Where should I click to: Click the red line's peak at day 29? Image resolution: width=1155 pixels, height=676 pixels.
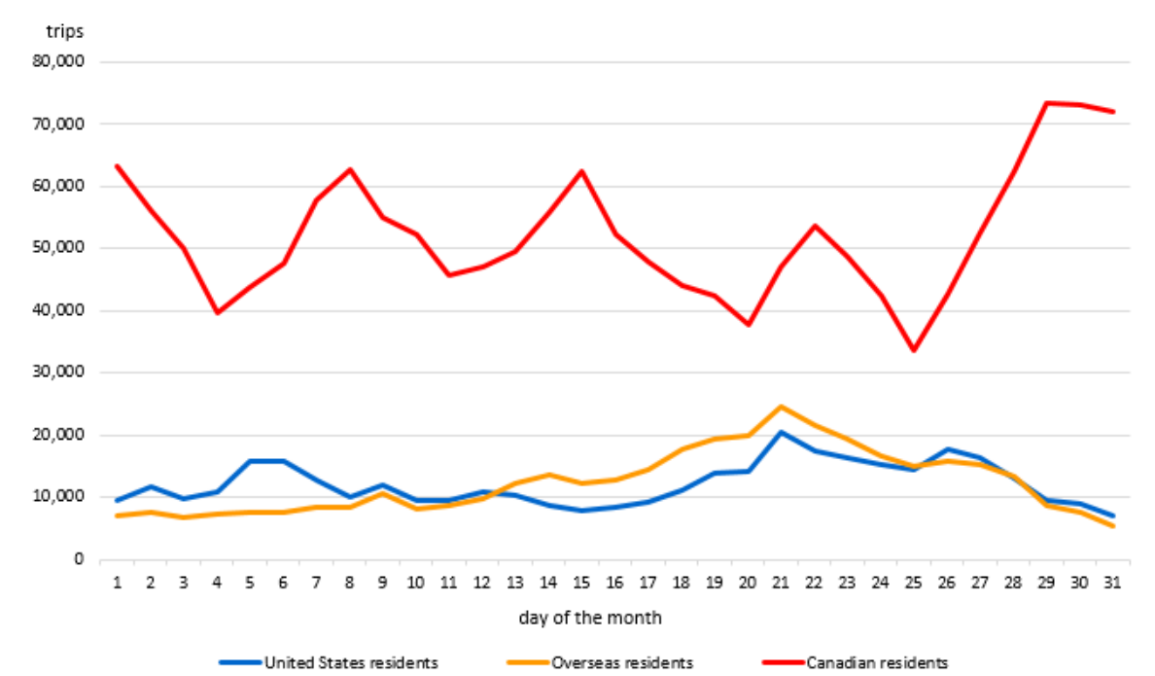[1046, 102]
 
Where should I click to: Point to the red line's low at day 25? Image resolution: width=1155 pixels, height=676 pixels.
[913, 350]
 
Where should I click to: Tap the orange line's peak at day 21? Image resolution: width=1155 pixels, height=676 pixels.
[781, 407]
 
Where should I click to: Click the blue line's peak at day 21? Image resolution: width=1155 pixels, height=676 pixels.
[781, 432]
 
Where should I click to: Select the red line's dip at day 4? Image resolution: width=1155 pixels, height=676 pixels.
[217, 312]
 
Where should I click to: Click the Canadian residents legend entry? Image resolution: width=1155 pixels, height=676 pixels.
[876, 662]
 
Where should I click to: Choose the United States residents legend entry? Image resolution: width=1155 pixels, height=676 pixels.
[351, 662]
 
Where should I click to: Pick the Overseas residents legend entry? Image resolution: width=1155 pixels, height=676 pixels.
[621, 662]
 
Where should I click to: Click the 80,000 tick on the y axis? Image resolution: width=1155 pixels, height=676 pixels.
[59, 61]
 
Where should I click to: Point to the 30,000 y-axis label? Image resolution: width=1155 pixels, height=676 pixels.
[59, 373]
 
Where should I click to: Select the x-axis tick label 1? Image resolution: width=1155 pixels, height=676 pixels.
[118, 582]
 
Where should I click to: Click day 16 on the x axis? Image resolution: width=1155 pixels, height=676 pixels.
[614, 582]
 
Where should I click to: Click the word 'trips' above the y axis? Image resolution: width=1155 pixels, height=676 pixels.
[64, 31]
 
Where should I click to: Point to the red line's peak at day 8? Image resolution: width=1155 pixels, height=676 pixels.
[350, 169]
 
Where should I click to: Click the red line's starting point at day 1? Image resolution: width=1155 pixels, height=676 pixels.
[118, 166]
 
